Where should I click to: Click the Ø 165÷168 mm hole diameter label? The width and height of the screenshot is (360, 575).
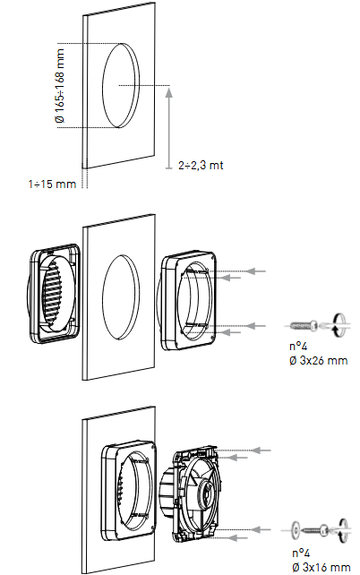click(x=61, y=85)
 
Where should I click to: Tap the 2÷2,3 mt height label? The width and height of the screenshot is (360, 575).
click(x=201, y=166)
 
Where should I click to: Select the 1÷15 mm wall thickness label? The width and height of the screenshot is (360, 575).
click(x=52, y=184)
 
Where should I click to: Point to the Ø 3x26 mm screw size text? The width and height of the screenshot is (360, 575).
click(x=318, y=360)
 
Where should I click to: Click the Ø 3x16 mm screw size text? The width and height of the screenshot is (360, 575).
click(x=321, y=567)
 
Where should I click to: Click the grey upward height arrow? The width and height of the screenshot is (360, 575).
click(x=168, y=127)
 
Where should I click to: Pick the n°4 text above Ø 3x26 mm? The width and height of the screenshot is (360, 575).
click(x=298, y=346)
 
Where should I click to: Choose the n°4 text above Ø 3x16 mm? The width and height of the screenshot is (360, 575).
click(x=301, y=553)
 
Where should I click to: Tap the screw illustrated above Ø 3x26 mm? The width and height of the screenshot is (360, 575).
click(x=304, y=325)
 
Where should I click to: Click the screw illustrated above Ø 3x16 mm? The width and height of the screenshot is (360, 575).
click(x=313, y=529)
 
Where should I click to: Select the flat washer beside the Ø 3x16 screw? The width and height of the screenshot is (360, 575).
click(x=296, y=529)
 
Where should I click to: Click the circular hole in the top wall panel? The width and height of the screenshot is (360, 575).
click(x=121, y=85)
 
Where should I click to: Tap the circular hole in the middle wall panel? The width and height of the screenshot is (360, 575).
click(x=121, y=296)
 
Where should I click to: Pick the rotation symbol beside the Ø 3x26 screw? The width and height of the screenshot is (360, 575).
click(x=340, y=324)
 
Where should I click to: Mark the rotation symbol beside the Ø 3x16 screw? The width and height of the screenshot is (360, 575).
click(x=344, y=529)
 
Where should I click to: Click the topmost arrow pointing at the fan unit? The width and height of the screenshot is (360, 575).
click(x=261, y=450)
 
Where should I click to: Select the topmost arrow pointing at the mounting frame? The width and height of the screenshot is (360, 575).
click(x=255, y=271)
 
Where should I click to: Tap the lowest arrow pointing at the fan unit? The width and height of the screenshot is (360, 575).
click(x=237, y=538)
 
